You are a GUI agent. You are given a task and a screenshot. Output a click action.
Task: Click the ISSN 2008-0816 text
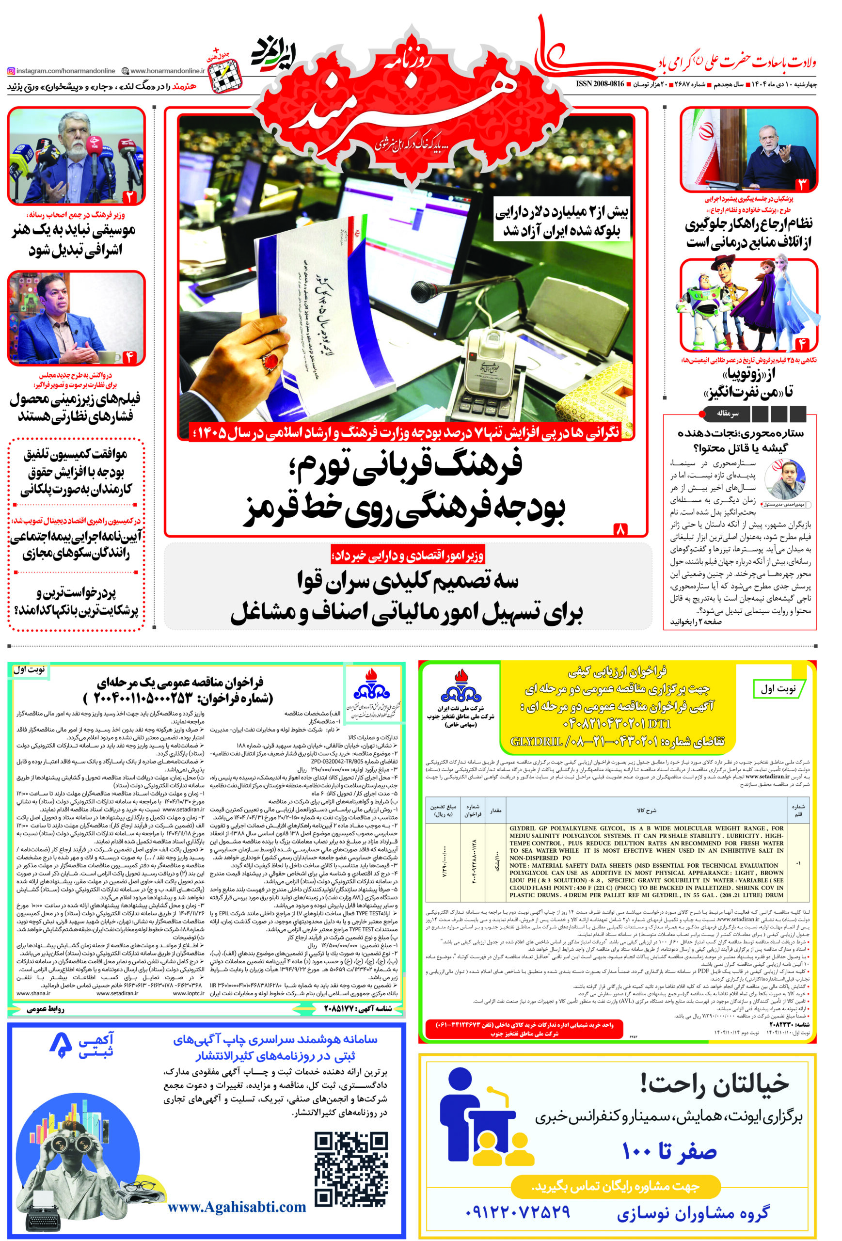tap(600, 84)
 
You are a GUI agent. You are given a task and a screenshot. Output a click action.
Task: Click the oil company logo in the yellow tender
tap(460, 688)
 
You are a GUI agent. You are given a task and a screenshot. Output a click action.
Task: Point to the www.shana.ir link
tap(33, 993)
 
